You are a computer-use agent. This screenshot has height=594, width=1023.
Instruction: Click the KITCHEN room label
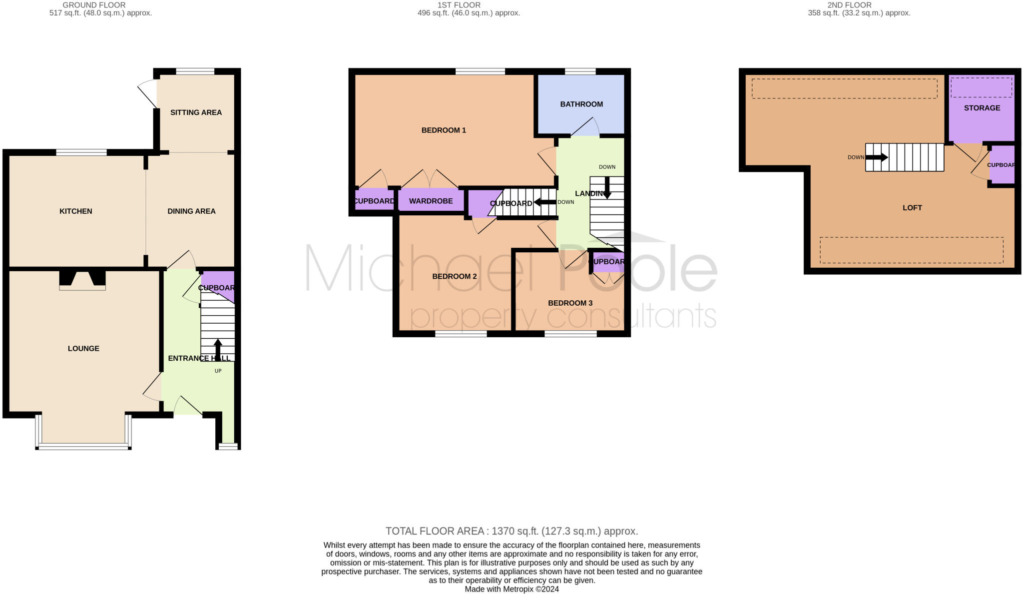tap(75, 211)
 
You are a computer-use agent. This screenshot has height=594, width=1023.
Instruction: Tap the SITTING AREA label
tap(196, 112)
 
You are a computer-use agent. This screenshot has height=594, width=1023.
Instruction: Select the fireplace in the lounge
tap(82, 280)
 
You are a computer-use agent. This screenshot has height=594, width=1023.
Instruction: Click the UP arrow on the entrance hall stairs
tap(218, 350)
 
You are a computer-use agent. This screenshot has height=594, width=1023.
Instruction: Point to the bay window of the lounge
tap(83, 446)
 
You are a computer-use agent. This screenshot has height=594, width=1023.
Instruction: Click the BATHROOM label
tap(581, 104)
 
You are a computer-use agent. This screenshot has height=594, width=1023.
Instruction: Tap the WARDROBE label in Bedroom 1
tap(431, 201)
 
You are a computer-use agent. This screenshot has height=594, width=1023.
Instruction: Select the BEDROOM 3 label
tap(570, 303)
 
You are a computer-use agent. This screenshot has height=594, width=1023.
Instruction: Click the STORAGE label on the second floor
tap(982, 108)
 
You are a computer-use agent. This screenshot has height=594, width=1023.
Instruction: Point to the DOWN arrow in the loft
tap(877, 157)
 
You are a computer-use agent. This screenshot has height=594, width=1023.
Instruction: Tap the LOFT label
tap(912, 208)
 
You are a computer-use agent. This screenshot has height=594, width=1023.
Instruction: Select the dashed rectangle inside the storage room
tap(981, 87)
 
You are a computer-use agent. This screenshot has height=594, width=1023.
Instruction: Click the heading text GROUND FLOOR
tap(94, 5)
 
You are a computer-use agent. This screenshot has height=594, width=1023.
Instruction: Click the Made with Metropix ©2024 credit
tap(511, 589)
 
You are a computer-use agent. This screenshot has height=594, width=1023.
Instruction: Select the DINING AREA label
tap(191, 211)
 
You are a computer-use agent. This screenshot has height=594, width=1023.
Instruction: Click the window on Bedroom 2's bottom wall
tap(461, 334)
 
